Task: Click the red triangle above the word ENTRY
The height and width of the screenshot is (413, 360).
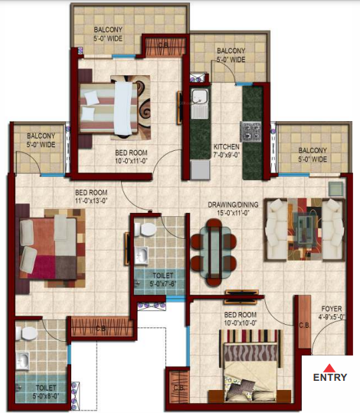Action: [x=329, y=368]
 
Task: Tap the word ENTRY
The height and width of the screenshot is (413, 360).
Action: [x=329, y=378]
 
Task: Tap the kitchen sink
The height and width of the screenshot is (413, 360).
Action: [x=200, y=99]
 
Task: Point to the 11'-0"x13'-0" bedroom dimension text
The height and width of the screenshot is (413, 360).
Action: [x=90, y=201]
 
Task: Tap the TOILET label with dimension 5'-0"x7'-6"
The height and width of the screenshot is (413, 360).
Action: [x=163, y=278]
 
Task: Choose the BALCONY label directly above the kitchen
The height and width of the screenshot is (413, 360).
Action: [x=230, y=54]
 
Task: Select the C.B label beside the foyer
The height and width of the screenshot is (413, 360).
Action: [x=304, y=324]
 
